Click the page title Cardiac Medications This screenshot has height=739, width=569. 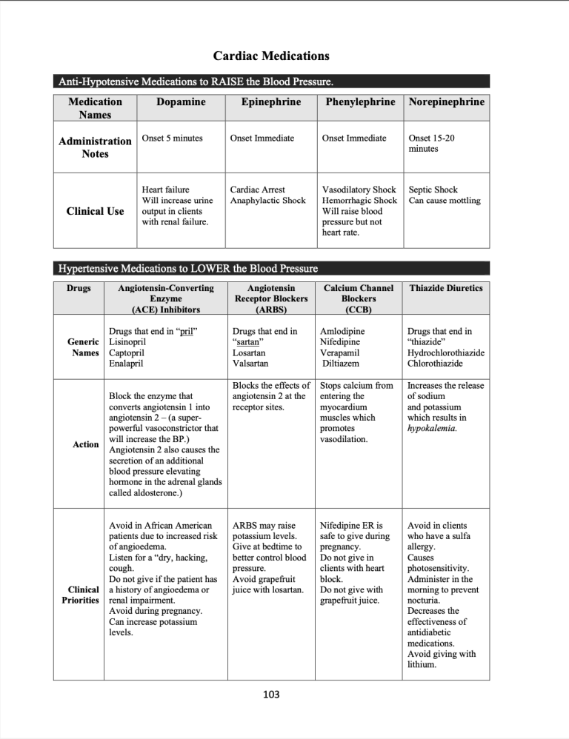pos(271,56)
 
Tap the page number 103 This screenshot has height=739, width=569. pos(271,695)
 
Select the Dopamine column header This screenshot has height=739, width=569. pos(181,102)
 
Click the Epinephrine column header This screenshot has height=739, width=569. pos(271,102)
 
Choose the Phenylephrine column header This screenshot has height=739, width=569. pos(360,102)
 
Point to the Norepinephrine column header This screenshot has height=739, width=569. pos(446,102)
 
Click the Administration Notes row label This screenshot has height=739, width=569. pos(95,147)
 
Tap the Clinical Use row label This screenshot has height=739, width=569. pos(95,211)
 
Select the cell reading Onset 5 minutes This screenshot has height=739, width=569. pos(172,138)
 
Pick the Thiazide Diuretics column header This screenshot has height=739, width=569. pos(446,288)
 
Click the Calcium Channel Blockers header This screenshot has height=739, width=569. pos(359,298)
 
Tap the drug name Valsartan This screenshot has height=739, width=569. pos(250,364)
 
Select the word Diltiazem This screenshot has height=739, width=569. pos(342,364)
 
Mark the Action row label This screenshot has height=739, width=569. pos(86,444)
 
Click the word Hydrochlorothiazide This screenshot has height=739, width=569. pos(446,353)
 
